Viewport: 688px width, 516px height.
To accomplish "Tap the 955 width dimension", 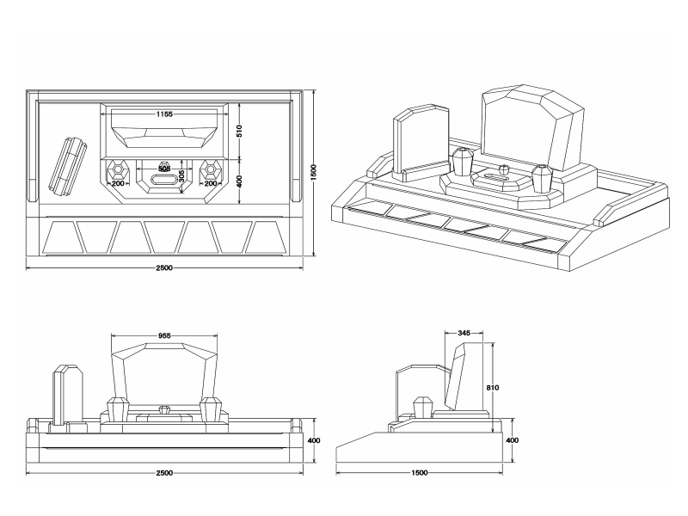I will [164, 337].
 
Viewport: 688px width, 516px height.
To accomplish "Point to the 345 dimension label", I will [464, 332].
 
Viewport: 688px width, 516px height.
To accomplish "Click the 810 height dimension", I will [493, 388].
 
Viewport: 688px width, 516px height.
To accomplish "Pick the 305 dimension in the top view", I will [181, 175].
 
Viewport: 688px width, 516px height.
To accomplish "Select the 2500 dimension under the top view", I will [164, 267].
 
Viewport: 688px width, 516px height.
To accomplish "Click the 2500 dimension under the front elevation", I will [164, 472].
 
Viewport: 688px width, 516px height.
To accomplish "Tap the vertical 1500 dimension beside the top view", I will [315, 172].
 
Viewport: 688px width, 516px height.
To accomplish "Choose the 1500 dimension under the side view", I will [421, 472].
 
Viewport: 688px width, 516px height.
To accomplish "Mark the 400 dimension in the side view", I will [513, 440].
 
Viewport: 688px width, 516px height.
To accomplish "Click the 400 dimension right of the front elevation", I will [314, 440].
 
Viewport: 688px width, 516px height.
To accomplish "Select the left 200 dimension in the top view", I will [118, 183].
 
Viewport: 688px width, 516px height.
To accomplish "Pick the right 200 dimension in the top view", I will [210, 183].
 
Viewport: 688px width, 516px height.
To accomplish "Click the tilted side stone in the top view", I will [67, 163].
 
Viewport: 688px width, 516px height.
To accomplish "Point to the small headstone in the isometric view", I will [421, 142].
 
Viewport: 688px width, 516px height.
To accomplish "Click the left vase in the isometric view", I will [463, 163].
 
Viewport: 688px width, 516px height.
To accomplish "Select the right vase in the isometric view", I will [541, 180].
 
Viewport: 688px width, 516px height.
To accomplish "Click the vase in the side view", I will [423, 408].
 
